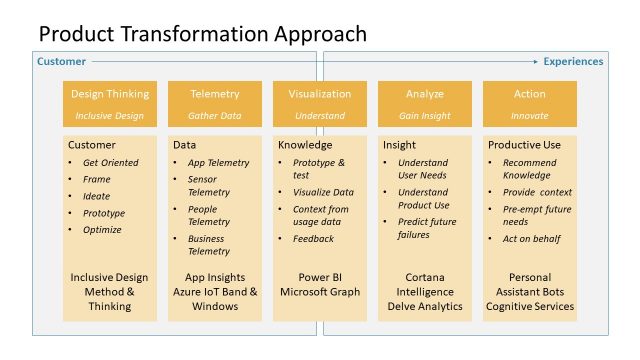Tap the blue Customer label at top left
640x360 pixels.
coord(61,62)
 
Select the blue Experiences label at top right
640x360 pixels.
coord(573,62)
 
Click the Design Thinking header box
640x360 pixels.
coord(111,102)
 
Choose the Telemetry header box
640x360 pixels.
coord(215,102)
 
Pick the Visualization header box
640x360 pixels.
coord(320,102)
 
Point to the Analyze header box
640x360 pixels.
coord(424,102)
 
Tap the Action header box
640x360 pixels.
coord(529,102)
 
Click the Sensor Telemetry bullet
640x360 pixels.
coord(209,185)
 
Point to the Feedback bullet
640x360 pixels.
coord(313,239)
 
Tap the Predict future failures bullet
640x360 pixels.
coord(428,228)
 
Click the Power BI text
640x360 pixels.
coord(320,277)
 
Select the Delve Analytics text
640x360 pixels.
coord(424,306)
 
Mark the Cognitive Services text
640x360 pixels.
coord(529,306)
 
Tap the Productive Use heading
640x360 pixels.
coord(526,145)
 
